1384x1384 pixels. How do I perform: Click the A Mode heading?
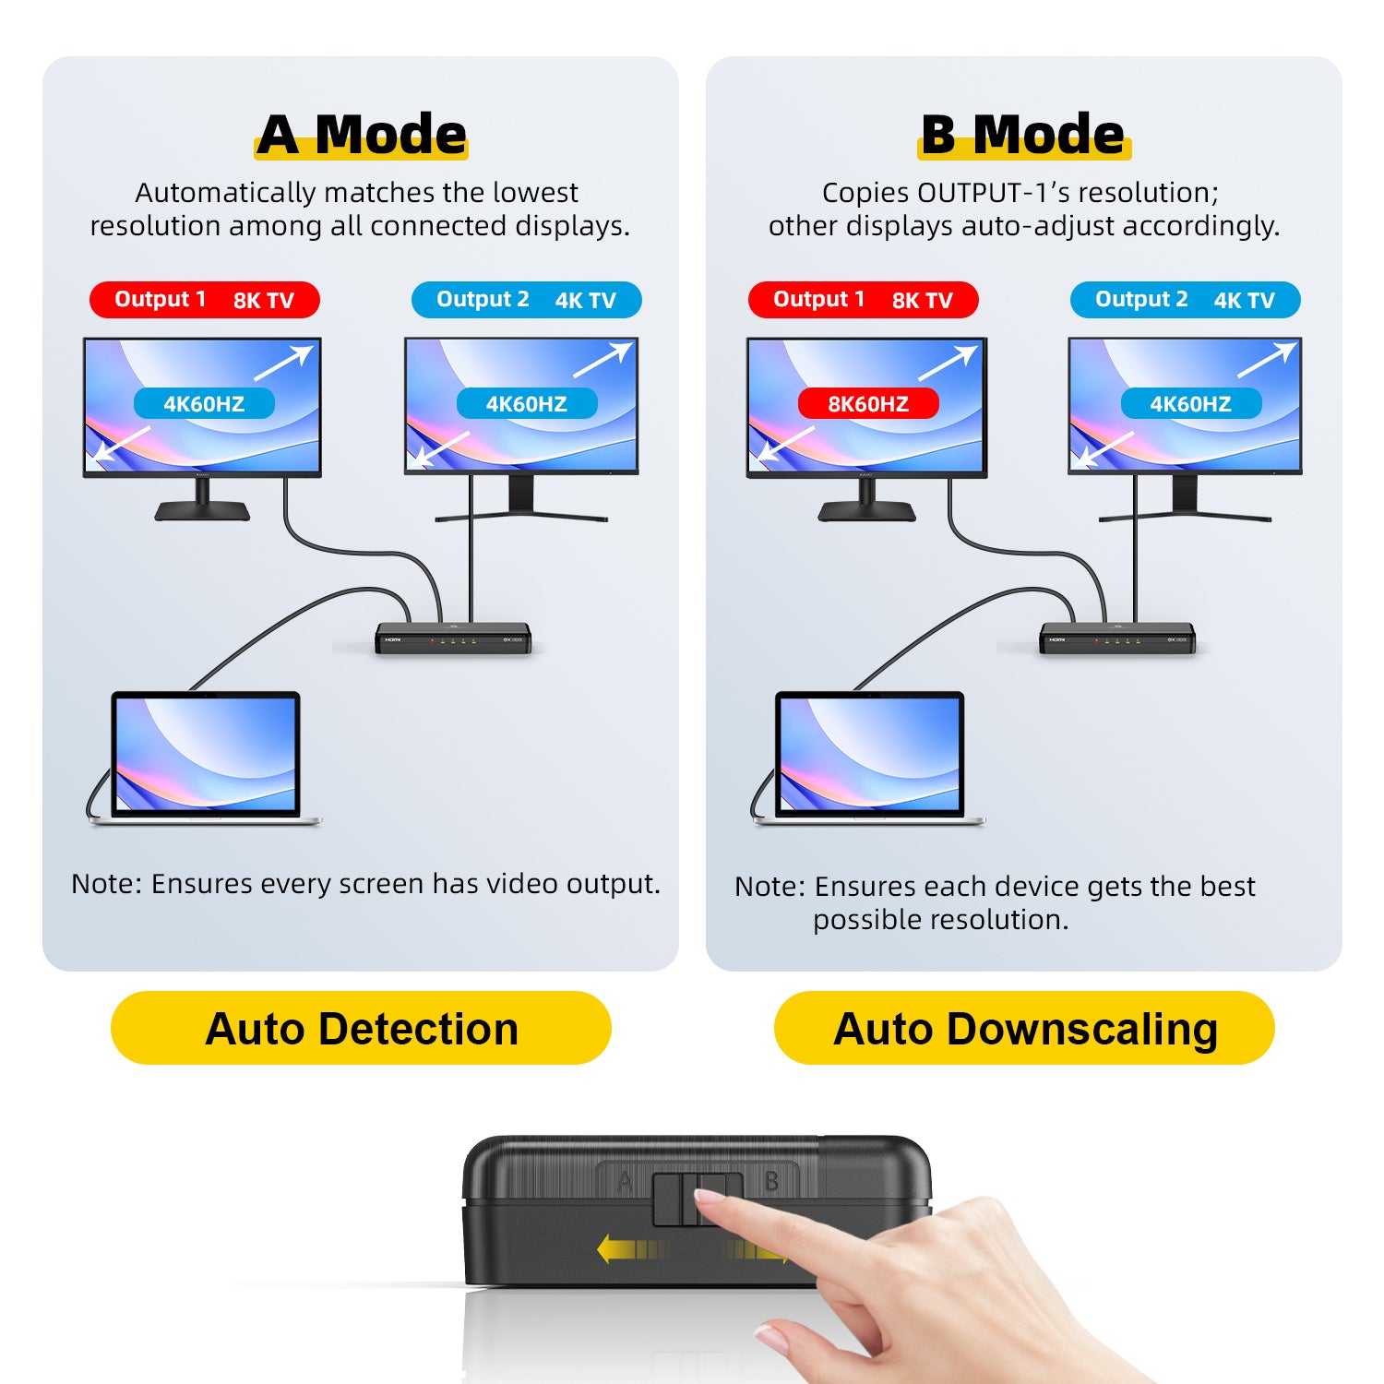point(362,135)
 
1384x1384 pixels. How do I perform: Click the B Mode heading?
point(1023,135)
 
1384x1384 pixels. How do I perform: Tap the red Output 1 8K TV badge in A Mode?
point(205,300)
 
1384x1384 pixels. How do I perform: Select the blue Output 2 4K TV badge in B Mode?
point(1185,300)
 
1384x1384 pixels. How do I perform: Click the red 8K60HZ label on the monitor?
point(868,403)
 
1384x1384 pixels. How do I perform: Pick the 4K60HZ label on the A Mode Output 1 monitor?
point(204,403)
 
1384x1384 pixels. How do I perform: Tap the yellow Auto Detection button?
point(361,1028)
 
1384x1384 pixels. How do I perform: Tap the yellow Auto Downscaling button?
point(1024,1028)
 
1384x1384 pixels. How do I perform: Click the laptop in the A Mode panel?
point(205,758)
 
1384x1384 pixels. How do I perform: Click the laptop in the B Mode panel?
point(869,758)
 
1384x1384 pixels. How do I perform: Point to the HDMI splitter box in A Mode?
point(453,638)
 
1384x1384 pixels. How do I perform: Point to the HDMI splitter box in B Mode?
point(1117,638)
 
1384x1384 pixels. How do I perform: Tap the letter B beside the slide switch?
point(771,1182)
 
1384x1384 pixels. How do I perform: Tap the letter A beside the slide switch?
point(625,1182)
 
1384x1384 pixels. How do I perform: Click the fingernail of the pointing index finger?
point(710,1197)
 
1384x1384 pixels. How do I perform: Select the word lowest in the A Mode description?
point(535,192)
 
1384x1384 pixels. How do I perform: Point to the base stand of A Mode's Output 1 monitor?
point(202,510)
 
